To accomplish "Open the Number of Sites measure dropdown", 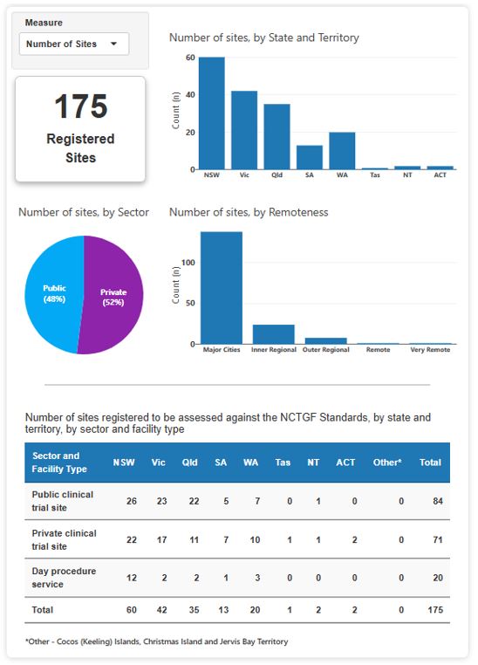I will (x=73, y=44).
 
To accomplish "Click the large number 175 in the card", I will (x=80, y=106).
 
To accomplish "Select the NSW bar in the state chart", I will (x=211, y=113).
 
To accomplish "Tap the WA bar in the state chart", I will (x=342, y=150).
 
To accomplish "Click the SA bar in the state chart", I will (x=310, y=157).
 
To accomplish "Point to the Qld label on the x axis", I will (x=277, y=175).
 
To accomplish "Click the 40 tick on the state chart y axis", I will (x=190, y=94).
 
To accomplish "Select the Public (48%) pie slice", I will (x=52, y=293).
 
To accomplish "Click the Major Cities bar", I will (x=222, y=288).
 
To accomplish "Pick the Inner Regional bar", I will (x=273, y=334).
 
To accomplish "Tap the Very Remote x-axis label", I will (x=430, y=350).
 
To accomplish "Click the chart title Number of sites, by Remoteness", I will (x=248, y=212).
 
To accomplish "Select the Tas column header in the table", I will (x=283, y=463).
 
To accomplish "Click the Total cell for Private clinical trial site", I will (x=430, y=539).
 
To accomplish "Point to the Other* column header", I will (x=386, y=463).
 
